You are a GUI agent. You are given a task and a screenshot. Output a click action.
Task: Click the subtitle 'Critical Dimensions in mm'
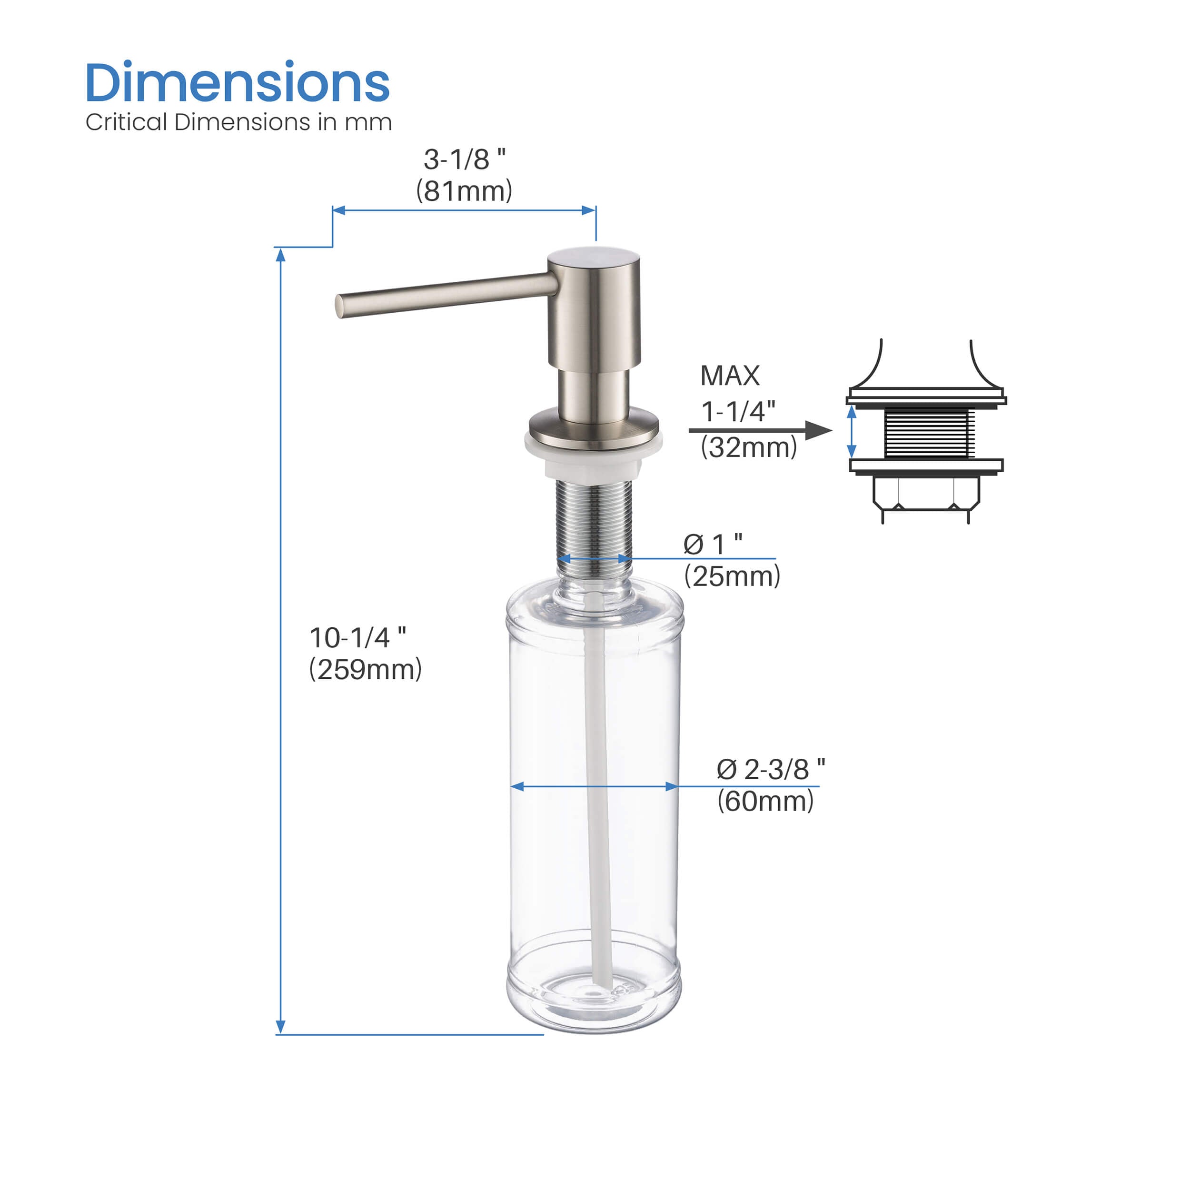coord(238,122)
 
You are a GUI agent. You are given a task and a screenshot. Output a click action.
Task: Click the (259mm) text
coord(365,670)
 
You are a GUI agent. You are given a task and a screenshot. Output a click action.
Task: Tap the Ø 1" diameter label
coord(713,545)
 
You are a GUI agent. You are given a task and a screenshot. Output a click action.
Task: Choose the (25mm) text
coord(732,576)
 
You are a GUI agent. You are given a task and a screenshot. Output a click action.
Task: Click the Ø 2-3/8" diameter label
coord(771,770)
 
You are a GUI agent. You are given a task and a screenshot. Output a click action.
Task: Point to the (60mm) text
coord(765,801)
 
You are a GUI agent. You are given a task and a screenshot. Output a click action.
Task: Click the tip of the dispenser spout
coord(340,306)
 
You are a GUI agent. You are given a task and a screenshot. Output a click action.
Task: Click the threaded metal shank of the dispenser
coord(594,524)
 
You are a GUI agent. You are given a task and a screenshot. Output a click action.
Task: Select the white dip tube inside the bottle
coord(598,801)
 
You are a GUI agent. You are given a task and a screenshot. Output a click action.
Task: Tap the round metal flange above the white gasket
coord(593,425)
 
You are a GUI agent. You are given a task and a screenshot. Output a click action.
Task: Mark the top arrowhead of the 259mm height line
coord(280,254)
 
